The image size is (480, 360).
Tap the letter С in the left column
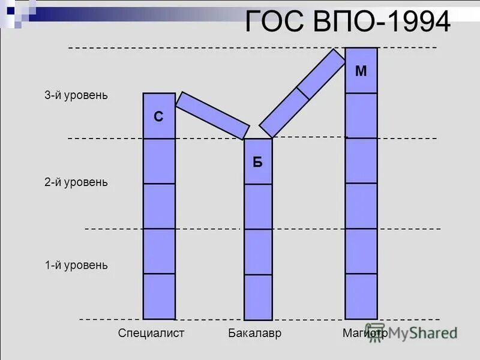point(158,117)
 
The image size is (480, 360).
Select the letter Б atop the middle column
point(257,163)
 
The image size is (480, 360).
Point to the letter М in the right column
point(361,71)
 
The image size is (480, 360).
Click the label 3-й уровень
point(76,95)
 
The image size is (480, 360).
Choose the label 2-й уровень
point(76,182)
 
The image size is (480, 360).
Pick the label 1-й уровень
point(76,265)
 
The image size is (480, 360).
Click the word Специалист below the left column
point(151,333)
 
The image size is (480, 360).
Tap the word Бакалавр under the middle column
point(255,333)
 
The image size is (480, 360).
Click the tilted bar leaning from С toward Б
point(212,115)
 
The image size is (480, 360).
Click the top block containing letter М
point(361,71)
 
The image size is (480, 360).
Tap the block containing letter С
point(159,116)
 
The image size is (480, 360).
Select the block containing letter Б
point(258,161)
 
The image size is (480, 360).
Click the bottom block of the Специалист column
point(159,296)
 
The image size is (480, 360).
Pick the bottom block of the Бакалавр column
point(258,297)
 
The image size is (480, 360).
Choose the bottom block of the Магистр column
point(361,296)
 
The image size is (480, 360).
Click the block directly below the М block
point(361,115)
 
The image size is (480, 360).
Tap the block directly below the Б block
point(258,206)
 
